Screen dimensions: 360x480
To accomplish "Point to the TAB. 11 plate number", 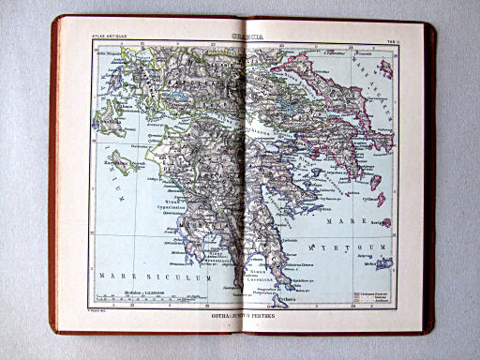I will click(387, 37).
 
